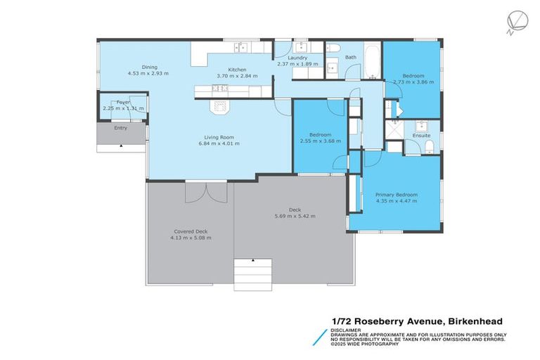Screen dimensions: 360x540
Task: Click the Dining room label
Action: pyautogui.click(x=149, y=67)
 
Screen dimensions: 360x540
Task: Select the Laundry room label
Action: pyautogui.click(x=297, y=58)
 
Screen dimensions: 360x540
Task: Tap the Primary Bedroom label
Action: pyautogui.click(x=396, y=195)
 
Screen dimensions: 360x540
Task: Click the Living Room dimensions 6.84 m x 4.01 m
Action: pyautogui.click(x=219, y=143)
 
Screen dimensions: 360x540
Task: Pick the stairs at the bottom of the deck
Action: pyautogui.click(x=252, y=274)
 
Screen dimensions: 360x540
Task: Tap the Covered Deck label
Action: pyautogui.click(x=191, y=231)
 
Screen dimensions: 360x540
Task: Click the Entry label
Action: pyautogui.click(x=121, y=128)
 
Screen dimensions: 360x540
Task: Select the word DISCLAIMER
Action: pyautogui.click(x=347, y=329)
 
